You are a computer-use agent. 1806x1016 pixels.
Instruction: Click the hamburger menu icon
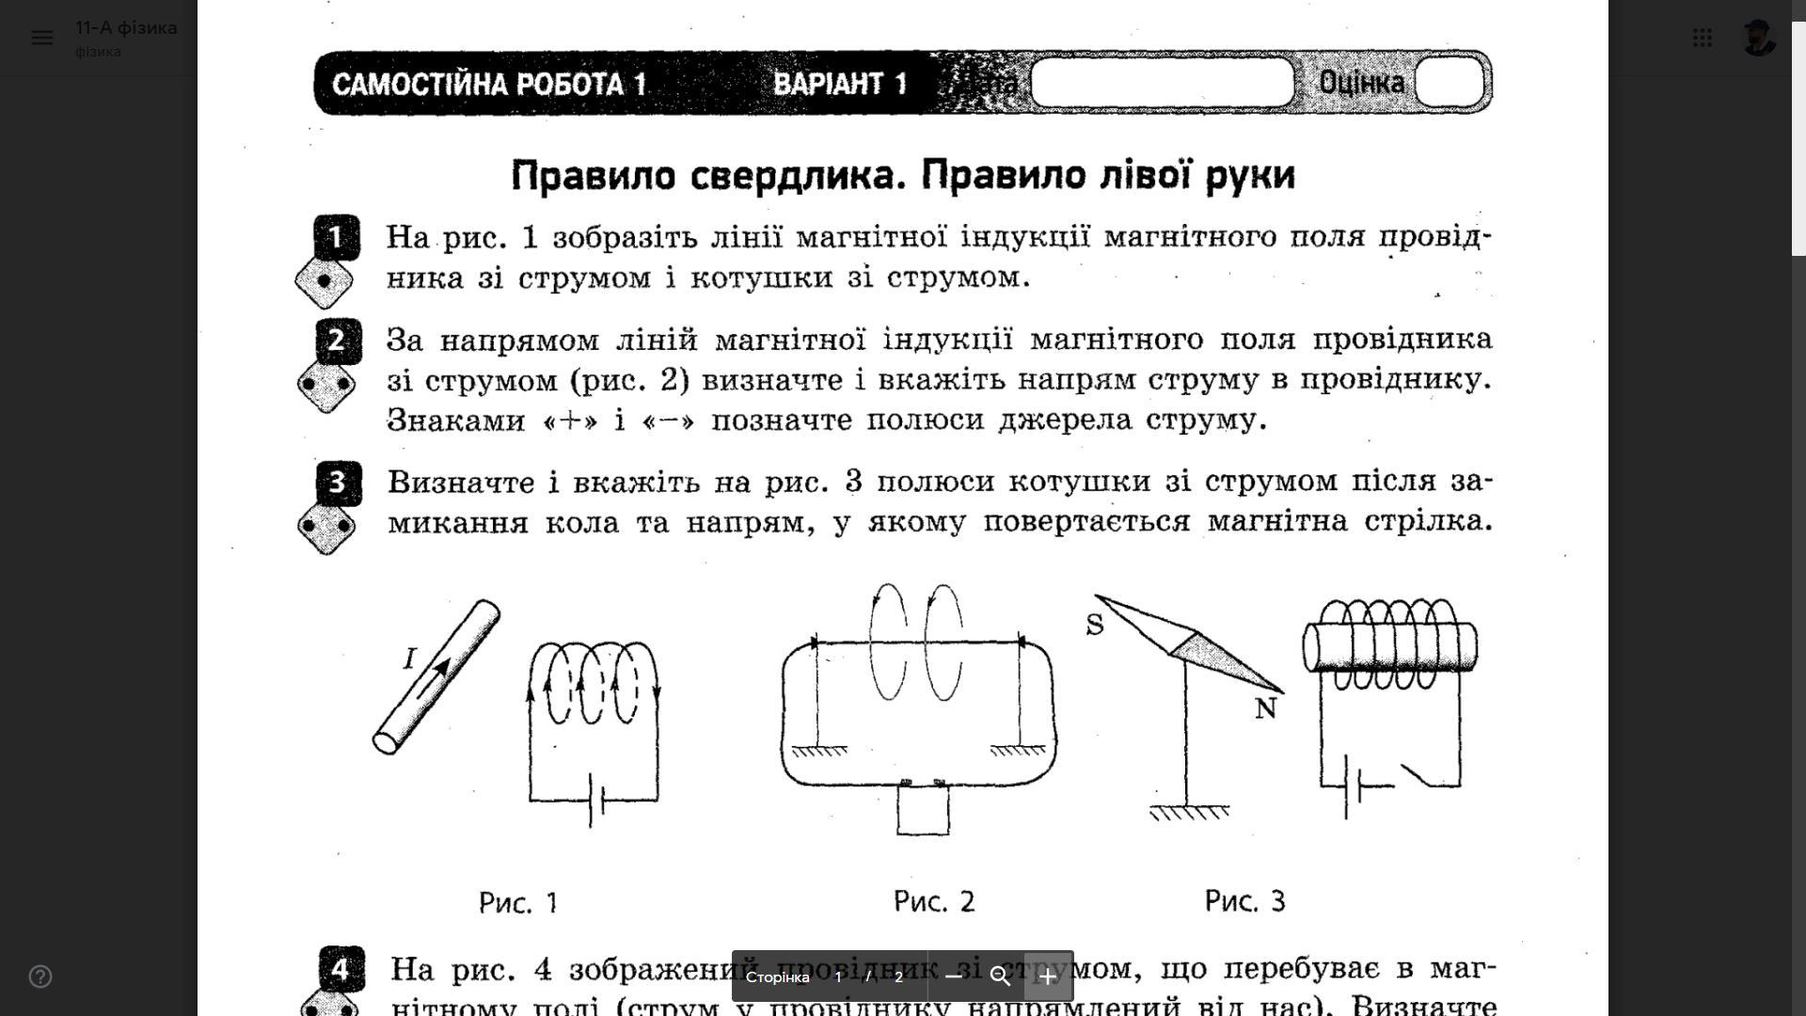pos(41,38)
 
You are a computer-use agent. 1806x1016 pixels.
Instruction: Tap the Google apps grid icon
pos(1702,38)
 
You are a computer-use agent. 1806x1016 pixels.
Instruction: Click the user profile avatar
pos(1757,38)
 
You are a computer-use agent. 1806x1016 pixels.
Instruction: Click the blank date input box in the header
pos(1162,83)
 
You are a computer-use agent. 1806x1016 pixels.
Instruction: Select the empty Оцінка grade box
pos(1449,83)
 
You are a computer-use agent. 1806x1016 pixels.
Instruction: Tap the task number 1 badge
pos(337,237)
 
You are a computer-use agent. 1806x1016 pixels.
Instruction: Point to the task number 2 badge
pos(338,341)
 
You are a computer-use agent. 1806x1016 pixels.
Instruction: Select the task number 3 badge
pos(338,483)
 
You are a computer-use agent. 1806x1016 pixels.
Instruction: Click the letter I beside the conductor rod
pos(409,658)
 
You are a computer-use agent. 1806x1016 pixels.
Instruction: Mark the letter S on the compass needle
pos(1094,625)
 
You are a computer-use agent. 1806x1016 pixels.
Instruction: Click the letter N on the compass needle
pos(1265,708)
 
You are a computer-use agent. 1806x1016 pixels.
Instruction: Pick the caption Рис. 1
pos(518,903)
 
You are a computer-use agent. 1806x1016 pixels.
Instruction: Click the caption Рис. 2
pos(934,901)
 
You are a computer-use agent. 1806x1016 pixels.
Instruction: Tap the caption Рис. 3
pos(1244,901)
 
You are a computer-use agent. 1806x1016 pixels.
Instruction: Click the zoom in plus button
pos(1048,976)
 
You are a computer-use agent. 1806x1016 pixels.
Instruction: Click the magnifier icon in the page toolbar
pos(1000,976)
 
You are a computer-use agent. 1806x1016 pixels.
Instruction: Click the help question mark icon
pos(40,976)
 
